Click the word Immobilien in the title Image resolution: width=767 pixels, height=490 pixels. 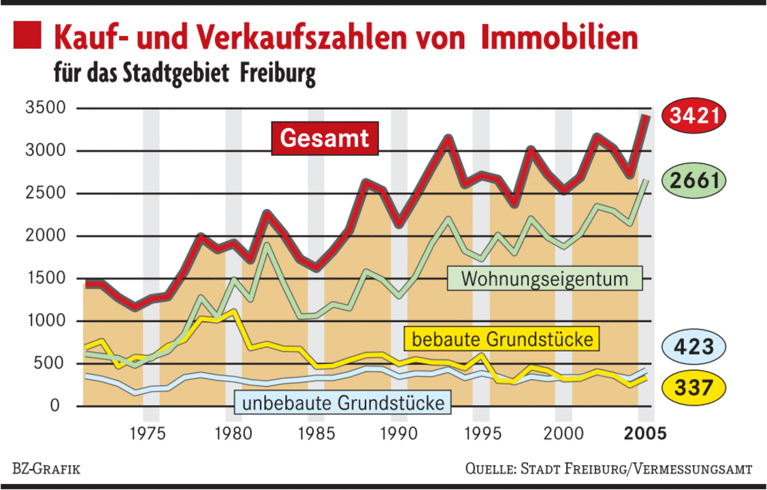[x=559, y=38]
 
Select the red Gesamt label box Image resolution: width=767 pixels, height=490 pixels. [x=325, y=138]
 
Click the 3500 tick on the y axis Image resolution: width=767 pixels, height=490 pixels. [x=44, y=108]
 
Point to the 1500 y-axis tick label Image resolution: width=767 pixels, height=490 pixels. [x=44, y=278]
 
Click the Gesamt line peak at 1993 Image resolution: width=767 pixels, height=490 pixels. [x=448, y=139]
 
